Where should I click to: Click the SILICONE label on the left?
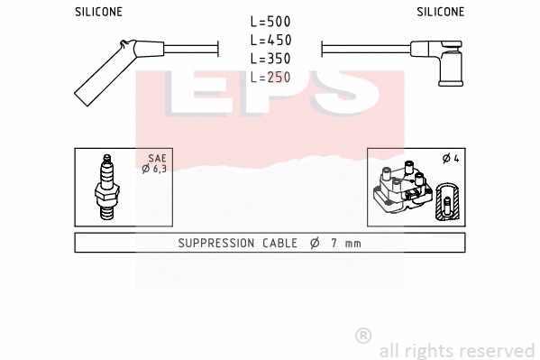click(x=97, y=12)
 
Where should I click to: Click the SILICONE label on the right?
click(x=440, y=12)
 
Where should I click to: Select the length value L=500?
click(x=270, y=22)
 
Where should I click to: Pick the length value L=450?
click(x=270, y=40)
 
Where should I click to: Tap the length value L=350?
click(x=270, y=59)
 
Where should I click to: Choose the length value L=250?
click(x=270, y=78)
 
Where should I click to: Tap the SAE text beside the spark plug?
click(x=157, y=158)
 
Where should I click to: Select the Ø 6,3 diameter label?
click(x=155, y=169)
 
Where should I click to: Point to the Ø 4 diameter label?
click(x=451, y=159)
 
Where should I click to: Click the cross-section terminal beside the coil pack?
click(x=446, y=200)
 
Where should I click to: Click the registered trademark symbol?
click(x=363, y=336)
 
